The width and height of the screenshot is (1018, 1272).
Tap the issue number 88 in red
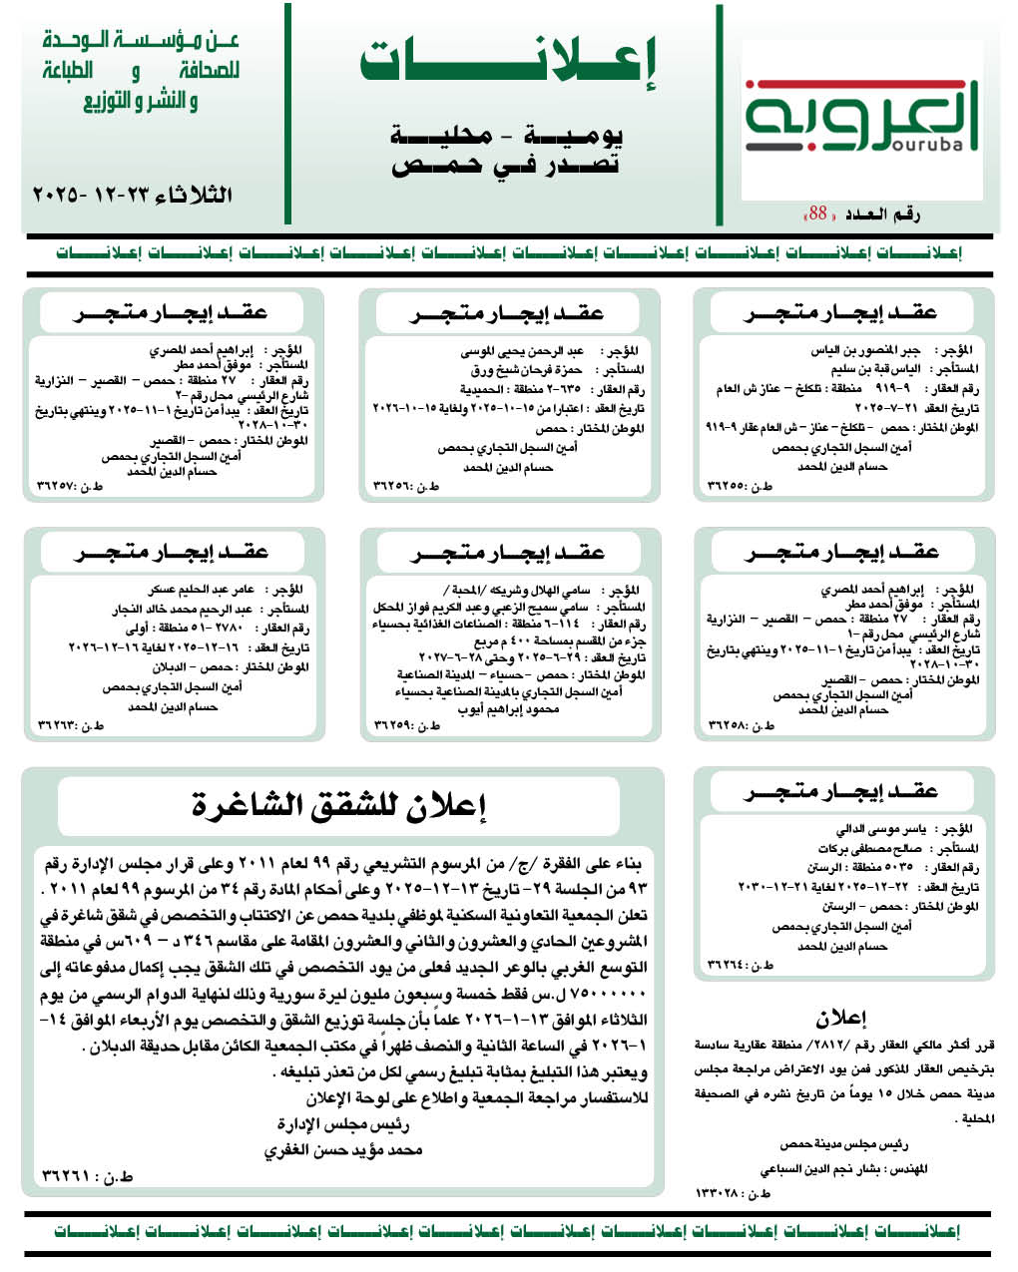click(x=818, y=213)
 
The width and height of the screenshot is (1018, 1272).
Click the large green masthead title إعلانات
click(x=508, y=62)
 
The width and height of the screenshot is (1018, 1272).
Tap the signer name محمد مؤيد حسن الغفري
click(x=343, y=1150)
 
